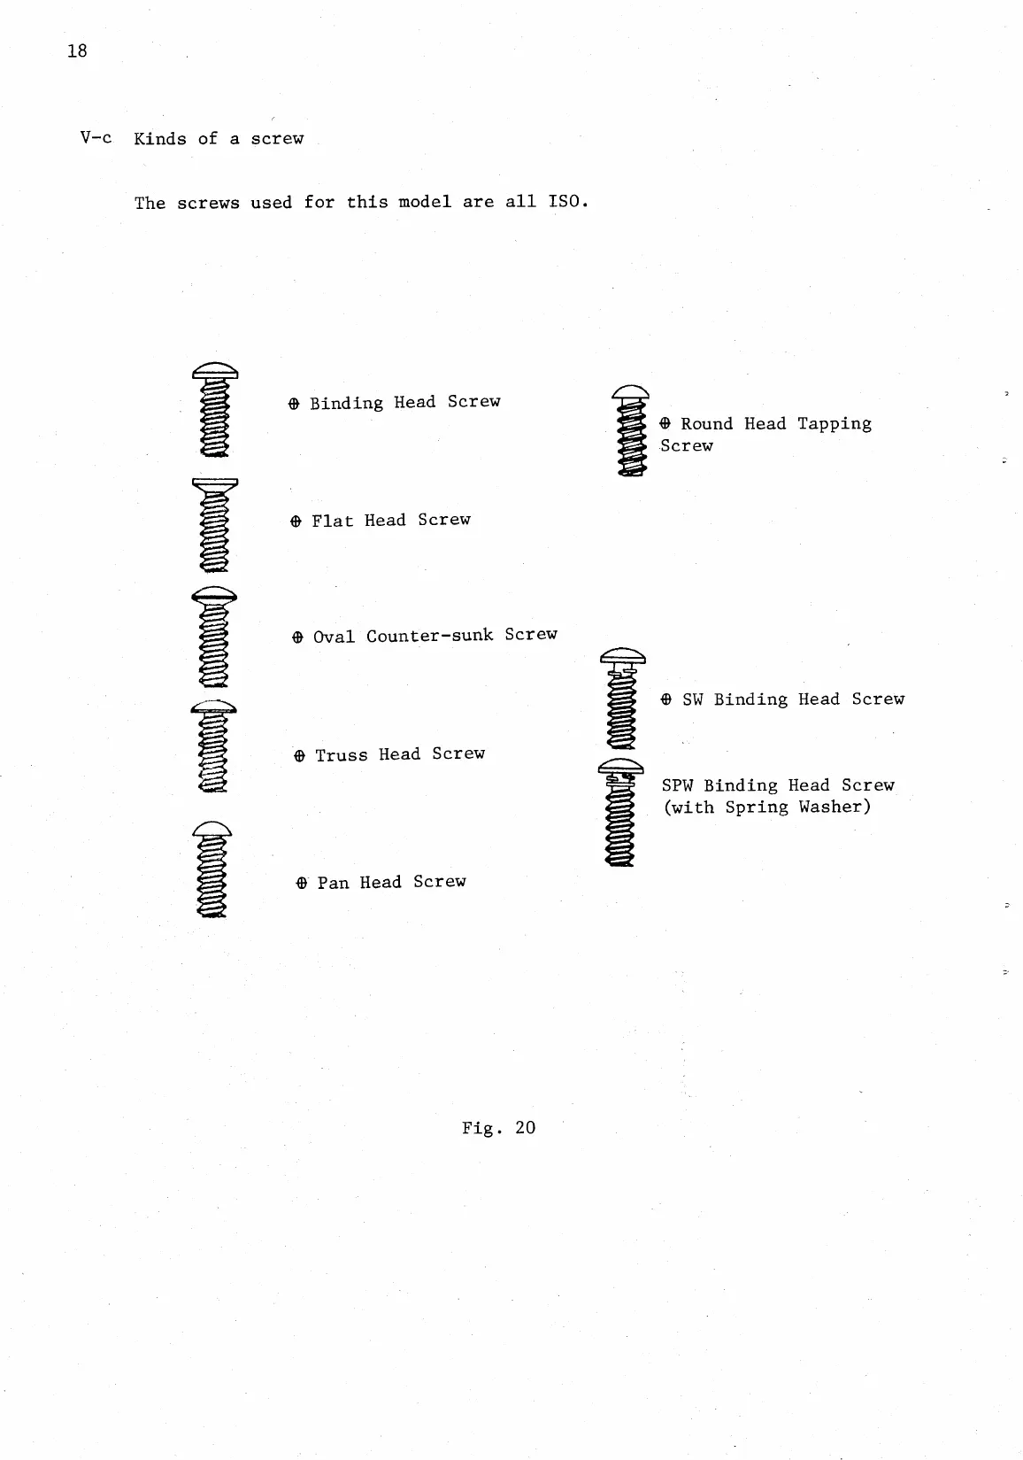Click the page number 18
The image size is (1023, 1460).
[77, 50]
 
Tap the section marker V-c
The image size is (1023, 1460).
[96, 138]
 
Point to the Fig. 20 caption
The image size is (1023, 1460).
[498, 1127]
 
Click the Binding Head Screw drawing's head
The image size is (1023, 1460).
[215, 370]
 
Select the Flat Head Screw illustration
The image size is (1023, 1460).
[215, 525]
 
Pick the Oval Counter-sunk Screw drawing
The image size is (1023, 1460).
[214, 637]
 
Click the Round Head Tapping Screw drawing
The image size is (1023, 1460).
[631, 431]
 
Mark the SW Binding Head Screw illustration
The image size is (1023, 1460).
[623, 699]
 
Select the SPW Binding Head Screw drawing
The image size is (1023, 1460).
[621, 812]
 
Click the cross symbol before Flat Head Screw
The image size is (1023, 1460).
[296, 521]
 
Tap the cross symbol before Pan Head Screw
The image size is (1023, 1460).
[302, 883]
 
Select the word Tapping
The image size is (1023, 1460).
[834, 424]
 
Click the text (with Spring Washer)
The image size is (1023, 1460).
[766, 807]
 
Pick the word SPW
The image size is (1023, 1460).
[677, 785]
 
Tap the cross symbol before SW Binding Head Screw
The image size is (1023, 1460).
[665, 699]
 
